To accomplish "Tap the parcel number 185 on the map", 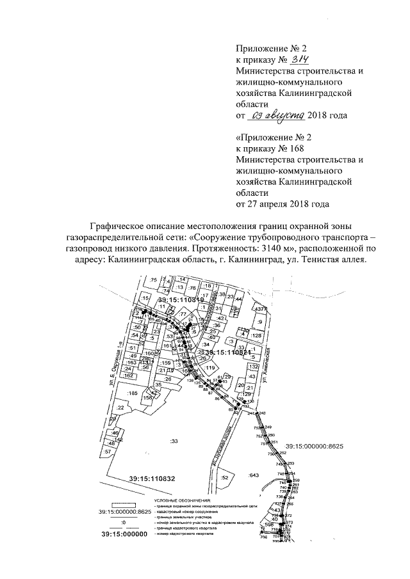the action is click(x=133, y=392).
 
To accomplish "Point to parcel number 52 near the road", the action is click(x=224, y=477).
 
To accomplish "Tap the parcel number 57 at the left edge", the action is click(x=108, y=452).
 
